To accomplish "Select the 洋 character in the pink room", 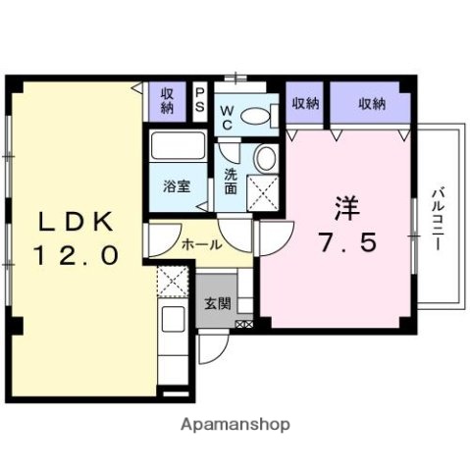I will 345,209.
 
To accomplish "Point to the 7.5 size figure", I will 346,241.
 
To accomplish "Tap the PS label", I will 199,99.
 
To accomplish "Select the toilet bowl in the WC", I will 257,116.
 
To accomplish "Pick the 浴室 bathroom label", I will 176,184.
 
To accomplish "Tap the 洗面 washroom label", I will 231,182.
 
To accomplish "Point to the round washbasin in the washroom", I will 264,157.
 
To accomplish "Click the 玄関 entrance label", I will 218,304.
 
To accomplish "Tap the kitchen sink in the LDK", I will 175,319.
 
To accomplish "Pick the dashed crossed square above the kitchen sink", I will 173,283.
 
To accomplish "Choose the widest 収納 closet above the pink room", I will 371,103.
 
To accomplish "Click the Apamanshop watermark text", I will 236,425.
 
